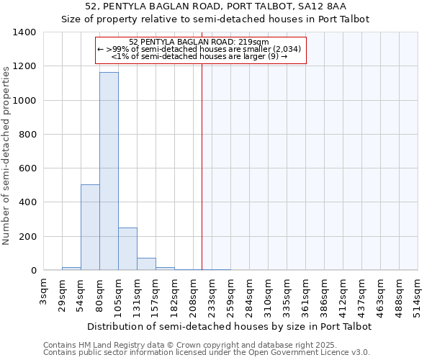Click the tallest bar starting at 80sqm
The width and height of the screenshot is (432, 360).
pyautogui.click(x=109, y=171)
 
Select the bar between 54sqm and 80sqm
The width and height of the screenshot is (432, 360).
pyautogui.click(x=90, y=228)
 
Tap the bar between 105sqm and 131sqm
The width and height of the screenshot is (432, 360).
pyautogui.click(x=127, y=249)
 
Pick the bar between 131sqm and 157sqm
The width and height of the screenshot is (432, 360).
pyautogui.click(x=146, y=264)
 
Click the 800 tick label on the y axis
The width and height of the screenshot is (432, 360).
pyautogui.click(x=27, y=135)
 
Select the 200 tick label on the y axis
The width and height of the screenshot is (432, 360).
pyautogui.click(x=27, y=237)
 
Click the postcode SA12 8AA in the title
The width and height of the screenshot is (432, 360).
pyautogui.click(x=325, y=6)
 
